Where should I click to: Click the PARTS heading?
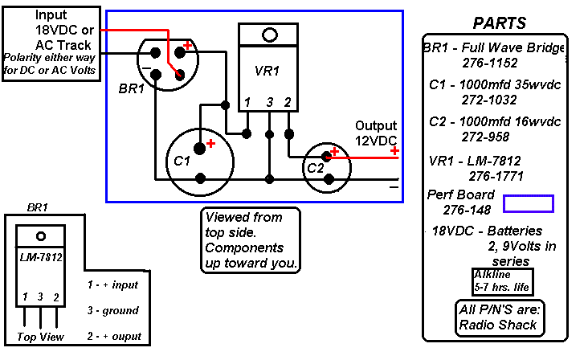[499, 22]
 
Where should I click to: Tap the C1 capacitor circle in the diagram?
[199, 160]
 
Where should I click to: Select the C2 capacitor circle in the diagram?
[326, 167]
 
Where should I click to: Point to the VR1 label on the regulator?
[267, 71]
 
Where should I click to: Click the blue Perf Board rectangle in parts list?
[529, 203]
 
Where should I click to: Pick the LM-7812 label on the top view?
[41, 257]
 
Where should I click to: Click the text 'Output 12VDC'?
[377, 133]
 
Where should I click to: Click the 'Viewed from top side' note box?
[251, 240]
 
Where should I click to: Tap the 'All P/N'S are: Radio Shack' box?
[497, 318]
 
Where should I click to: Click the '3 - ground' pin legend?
[112, 310]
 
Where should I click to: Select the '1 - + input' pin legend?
[112, 284]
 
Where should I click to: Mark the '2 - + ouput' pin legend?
[114, 336]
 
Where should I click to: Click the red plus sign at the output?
[395, 150]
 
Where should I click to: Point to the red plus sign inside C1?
[211, 143]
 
